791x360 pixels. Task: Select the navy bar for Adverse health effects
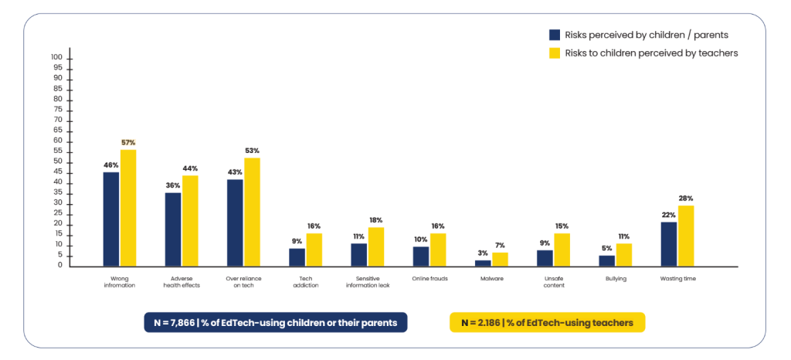pos(173,229)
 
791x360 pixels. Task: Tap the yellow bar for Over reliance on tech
pos(252,212)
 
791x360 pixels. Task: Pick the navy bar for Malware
pos(483,263)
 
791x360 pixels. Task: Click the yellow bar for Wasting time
pos(686,236)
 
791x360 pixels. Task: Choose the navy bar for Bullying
pos(606,261)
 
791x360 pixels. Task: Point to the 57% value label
pos(128,143)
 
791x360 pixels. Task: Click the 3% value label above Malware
pos(483,253)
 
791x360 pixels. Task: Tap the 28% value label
pos(686,199)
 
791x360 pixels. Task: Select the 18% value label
pos(375,220)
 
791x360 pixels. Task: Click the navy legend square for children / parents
pos(554,35)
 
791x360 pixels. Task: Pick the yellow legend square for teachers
pos(554,53)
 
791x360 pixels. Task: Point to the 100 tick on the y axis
pos(56,58)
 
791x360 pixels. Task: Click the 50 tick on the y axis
pos(56,161)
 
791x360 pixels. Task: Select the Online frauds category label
pos(429,278)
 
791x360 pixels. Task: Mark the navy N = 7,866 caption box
pos(275,323)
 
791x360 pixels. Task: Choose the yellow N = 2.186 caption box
pos(547,323)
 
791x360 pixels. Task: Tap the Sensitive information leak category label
pos(368,282)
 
